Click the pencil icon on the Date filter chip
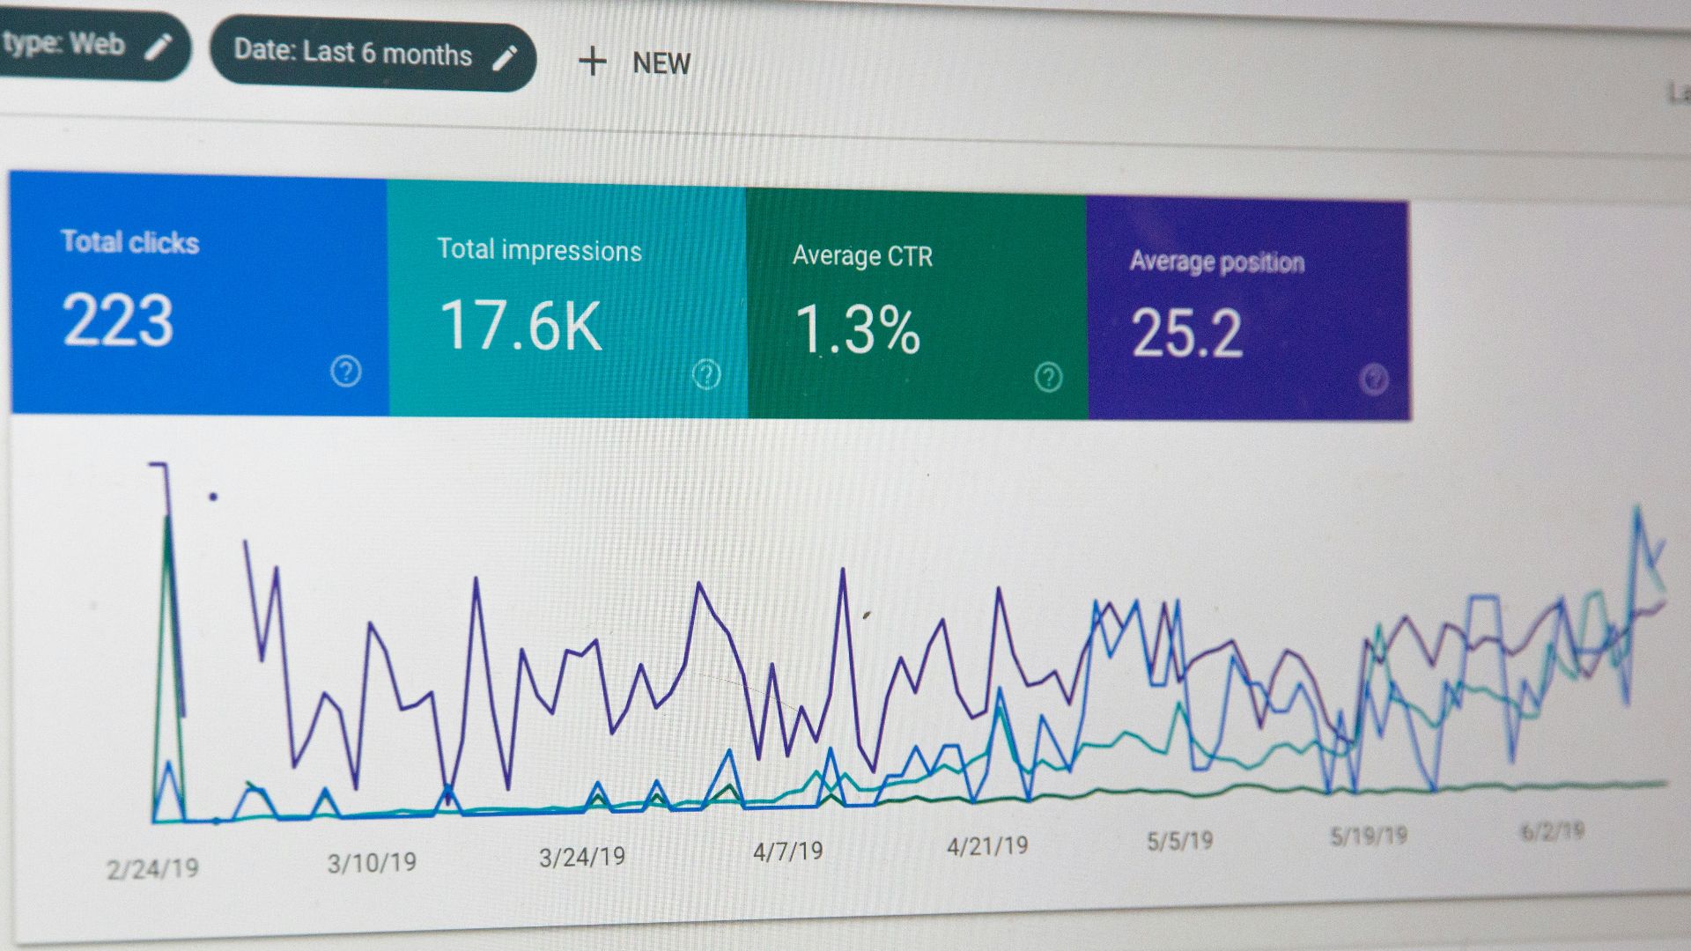pyautogui.click(x=505, y=58)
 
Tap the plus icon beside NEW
pyautogui.click(x=593, y=62)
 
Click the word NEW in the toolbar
pyautogui.click(x=661, y=63)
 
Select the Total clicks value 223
pyautogui.click(x=118, y=321)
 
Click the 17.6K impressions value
pyautogui.click(x=521, y=327)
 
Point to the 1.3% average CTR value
pyautogui.click(x=857, y=330)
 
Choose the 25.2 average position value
pyautogui.click(x=1186, y=334)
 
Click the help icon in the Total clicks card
pyautogui.click(x=346, y=372)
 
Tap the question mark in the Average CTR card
pyautogui.click(x=1048, y=378)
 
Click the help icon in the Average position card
pyautogui.click(x=1374, y=380)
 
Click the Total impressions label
pyautogui.click(x=539, y=250)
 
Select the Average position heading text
pyautogui.click(x=1216, y=262)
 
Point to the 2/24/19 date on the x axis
pyautogui.click(x=152, y=869)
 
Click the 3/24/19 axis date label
pyautogui.click(x=582, y=857)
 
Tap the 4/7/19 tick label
pyautogui.click(x=787, y=851)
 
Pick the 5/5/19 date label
pyautogui.click(x=1179, y=841)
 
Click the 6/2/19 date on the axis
pyautogui.click(x=1552, y=831)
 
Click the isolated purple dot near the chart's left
pyautogui.click(x=213, y=497)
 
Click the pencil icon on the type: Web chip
pyautogui.click(x=159, y=47)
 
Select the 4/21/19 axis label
pyautogui.click(x=987, y=846)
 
